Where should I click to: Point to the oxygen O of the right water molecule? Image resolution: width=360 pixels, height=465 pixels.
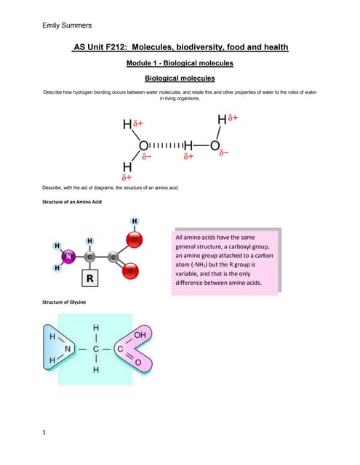click(x=215, y=145)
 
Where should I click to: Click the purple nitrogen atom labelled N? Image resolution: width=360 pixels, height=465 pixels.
click(x=68, y=256)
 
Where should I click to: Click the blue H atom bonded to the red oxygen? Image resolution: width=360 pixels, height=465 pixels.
click(x=135, y=221)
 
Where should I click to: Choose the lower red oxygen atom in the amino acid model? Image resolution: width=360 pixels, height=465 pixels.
click(x=133, y=272)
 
